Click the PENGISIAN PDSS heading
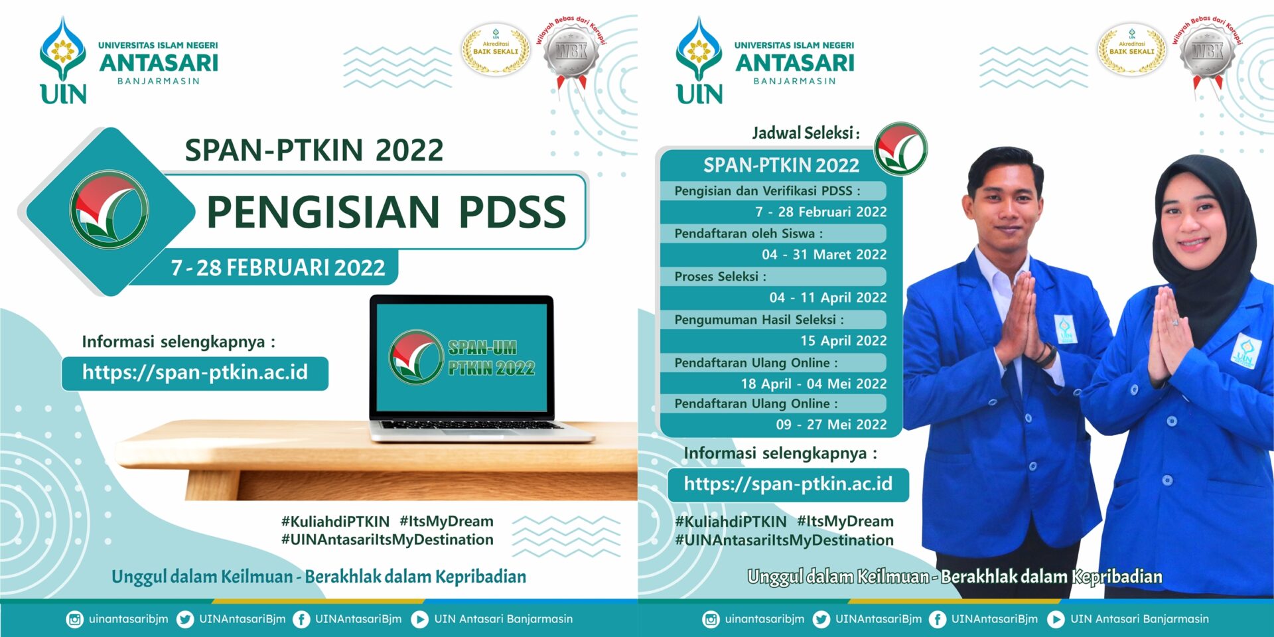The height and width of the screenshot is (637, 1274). [x=386, y=212]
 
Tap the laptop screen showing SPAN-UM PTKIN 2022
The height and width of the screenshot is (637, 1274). [x=462, y=358]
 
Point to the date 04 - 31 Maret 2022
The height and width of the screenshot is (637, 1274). [x=823, y=254]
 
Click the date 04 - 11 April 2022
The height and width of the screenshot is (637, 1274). [x=827, y=297]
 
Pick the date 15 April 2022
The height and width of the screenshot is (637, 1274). [x=843, y=340]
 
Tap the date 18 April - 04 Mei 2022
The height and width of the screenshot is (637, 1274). [x=814, y=384]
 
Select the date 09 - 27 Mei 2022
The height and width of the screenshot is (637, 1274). [x=831, y=425]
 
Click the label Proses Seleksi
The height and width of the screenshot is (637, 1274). [x=720, y=277]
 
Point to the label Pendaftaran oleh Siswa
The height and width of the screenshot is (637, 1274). [x=748, y=234]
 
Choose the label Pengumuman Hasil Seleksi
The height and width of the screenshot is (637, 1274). [x=759, y=320]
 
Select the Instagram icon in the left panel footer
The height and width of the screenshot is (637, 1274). [x=74, y=619]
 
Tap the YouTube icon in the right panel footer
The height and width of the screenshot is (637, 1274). [x=1055, y=619]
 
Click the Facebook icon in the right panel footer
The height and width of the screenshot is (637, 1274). [x=937, y=619]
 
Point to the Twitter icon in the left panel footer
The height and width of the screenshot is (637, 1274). [x=185, y=619]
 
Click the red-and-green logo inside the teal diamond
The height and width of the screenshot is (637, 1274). [x=109, y=210]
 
